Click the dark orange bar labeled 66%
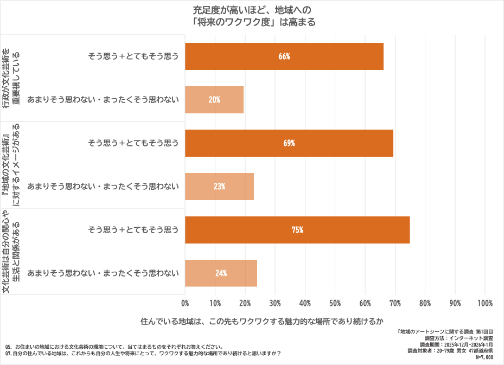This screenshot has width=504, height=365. point(284,56)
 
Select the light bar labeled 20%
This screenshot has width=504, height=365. point(214,100)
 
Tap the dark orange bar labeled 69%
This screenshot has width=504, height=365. point(289,143)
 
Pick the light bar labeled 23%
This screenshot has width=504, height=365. point(220,187)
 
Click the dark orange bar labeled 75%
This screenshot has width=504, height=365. point(297,230)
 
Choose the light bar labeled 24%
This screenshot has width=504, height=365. point(221,273)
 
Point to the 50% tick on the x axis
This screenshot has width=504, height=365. point(335,303)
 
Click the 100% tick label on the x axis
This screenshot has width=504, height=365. point(484,303)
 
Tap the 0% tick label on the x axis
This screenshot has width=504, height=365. point(186,303)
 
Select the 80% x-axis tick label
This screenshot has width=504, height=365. point(425,303)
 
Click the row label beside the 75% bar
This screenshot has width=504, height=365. point(133,230)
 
